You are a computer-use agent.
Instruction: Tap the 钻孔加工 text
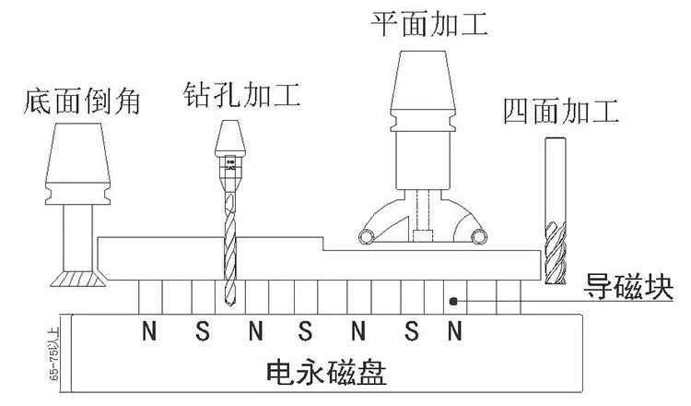(242, 94)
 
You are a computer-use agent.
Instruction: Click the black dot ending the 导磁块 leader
(453, 300)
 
